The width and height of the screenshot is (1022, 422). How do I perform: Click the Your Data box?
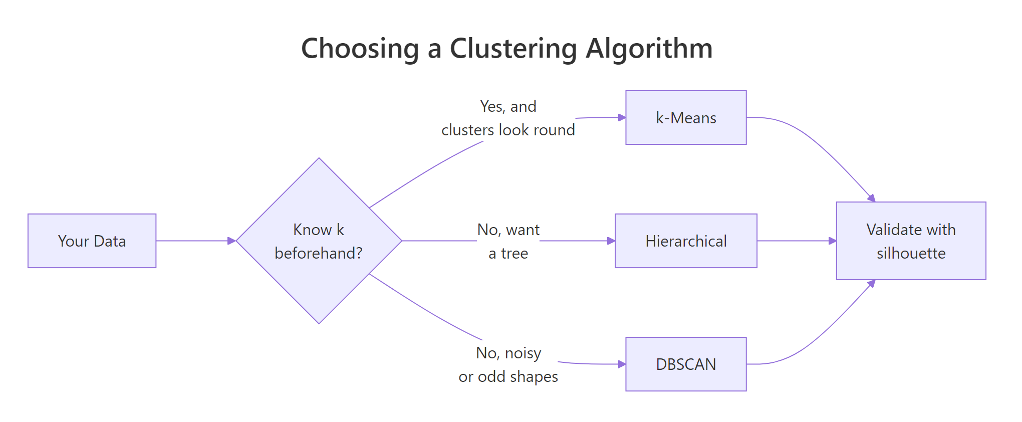[x=92, y=241]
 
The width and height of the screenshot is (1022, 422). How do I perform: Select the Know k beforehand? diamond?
[x=319, y=241]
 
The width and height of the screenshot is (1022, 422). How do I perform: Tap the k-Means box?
[x=686, y=118]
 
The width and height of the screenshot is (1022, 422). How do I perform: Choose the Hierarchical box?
[x=686, y=241]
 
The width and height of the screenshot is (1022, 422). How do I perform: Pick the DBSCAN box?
[x=686, y=364]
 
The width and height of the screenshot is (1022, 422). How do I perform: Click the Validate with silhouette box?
[x=911, y=241]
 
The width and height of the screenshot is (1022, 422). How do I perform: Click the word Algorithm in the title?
[x=649, y=49]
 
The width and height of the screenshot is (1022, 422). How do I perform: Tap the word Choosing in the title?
[x=360, y=49]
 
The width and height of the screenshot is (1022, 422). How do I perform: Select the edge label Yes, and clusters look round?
[x=508, y=118]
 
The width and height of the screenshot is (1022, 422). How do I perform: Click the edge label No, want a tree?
[x=508, y=241]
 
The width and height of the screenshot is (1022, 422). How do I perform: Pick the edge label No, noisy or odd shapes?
[x=508, y=364]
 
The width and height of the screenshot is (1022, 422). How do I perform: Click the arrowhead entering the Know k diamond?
[x=231, y=241]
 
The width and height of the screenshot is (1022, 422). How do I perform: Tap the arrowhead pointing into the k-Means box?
[x=622, y=118]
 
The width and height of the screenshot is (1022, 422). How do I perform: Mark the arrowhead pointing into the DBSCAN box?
[x=622, y=364]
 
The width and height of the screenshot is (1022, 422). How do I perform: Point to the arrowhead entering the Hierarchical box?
[x=611, y=241]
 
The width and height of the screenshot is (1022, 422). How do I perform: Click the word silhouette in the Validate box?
[x=911, y=253]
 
